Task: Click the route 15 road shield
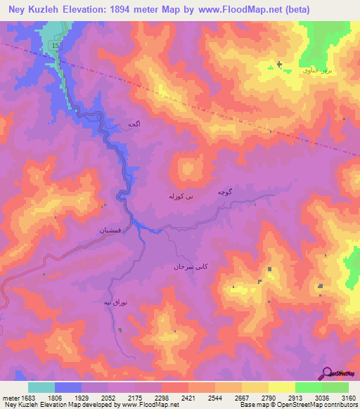55,46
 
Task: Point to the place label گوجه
225,192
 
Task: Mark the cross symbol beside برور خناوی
279,65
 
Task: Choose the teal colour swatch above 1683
41,387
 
